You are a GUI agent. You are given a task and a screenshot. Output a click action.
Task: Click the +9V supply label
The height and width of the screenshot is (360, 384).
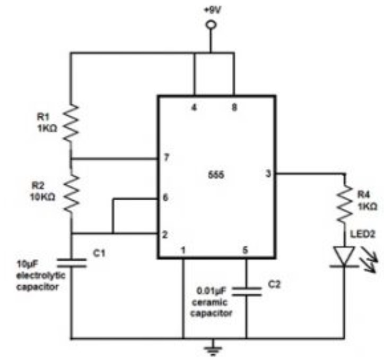pyautogui.click(x=213, y=10)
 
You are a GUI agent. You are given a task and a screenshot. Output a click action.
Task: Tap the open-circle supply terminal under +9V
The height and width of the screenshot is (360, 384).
pyautogui.click(x=211, y=25)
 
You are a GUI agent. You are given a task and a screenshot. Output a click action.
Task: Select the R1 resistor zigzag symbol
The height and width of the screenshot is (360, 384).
pyautogui.click(x=71, y=123)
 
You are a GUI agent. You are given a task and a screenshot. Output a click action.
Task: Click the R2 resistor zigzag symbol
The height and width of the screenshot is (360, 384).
pyautogui.click(x=72, y=194)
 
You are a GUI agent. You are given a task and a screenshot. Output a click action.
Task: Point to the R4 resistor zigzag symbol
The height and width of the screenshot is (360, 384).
pyautogui.click(x=345, y=204)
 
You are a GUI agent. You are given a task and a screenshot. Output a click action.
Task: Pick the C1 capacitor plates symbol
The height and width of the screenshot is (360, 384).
pyautogui.click(x=72, y=263)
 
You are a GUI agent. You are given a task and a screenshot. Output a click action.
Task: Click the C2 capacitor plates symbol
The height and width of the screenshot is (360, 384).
pyautogui.click(x=247, y=292)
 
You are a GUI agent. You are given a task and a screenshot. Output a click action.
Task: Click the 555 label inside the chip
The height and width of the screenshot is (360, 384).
pyautogui.click(x=216, y=175)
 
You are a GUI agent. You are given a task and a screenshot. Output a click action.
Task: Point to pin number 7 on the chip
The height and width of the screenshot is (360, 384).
pyautogui.click(x=167, y=158)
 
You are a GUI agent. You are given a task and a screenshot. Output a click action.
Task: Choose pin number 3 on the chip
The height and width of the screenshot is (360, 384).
pyautogui.click(x=268, y=174)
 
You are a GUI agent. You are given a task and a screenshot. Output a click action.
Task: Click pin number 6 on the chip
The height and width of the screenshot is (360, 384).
pyautogui.click(x=165, y=198)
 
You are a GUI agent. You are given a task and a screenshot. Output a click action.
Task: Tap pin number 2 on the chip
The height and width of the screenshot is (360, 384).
pyautogui.click(x=165, y=235)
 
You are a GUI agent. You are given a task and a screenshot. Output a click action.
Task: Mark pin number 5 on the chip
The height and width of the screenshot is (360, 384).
pyautogui.click(x=245, y=250)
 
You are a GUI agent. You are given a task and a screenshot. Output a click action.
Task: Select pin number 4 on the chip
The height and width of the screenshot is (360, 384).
pyautogui.click(x=194, y=107)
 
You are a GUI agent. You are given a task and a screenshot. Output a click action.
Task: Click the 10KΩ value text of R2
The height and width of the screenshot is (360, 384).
pyautogui.click(x=42, y=197)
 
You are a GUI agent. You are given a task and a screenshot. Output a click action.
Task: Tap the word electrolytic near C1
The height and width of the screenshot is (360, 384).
pyautogui.click(x=41, y=276)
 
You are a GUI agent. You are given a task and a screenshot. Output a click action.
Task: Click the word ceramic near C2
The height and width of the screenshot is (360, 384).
pyautogui.click(x=210, y=302)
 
